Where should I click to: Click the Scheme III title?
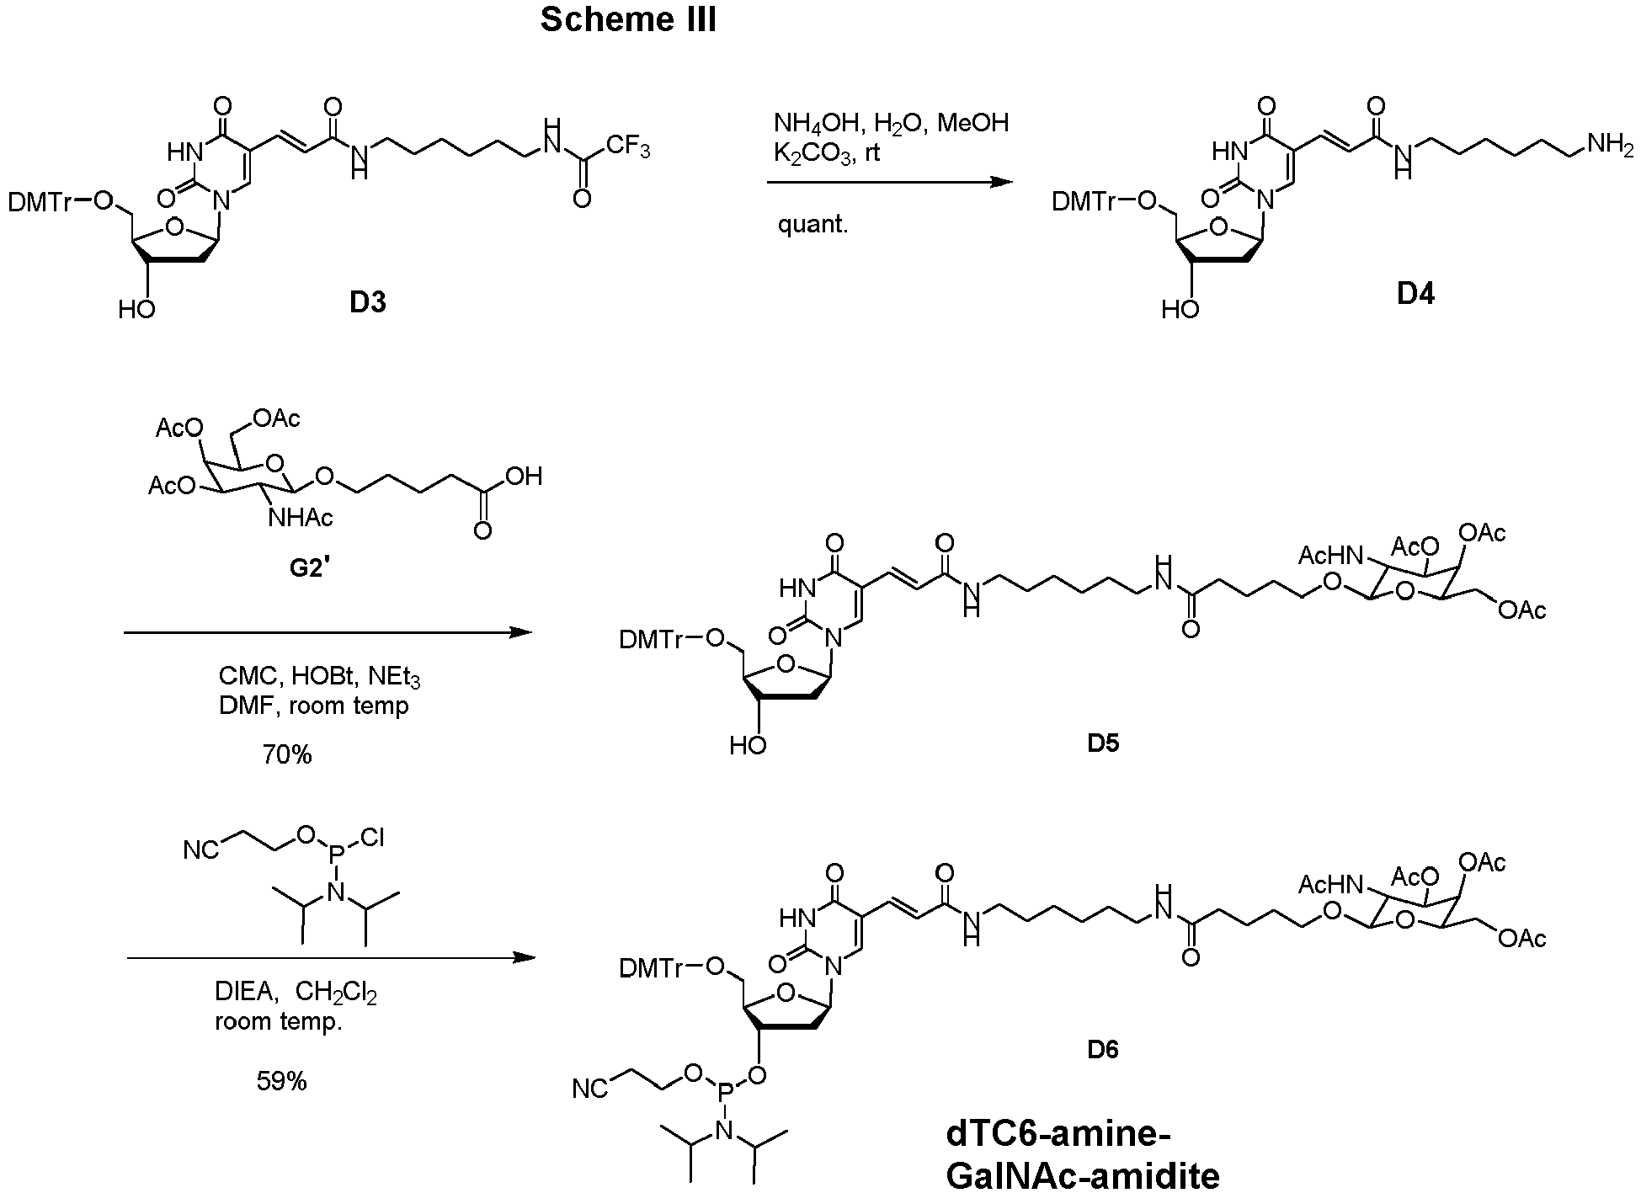click(628, 19)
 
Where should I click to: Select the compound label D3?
click(368, 302)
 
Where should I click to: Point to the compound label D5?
click(1103, 743)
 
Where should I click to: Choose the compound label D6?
click(1103, 1050)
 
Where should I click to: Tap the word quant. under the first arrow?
click(813, 225)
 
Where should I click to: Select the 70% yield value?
click(286, 754)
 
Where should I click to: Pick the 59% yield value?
click(281, 1081)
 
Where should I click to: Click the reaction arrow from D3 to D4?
click(890, 182)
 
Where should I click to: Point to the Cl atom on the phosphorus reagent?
click(372, 839)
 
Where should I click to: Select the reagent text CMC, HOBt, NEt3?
click(319, 676)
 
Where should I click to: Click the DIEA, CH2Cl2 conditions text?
click(296, 993)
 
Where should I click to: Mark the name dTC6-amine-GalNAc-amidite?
click(1083, 1154)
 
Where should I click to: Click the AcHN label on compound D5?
click(1330, 557)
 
